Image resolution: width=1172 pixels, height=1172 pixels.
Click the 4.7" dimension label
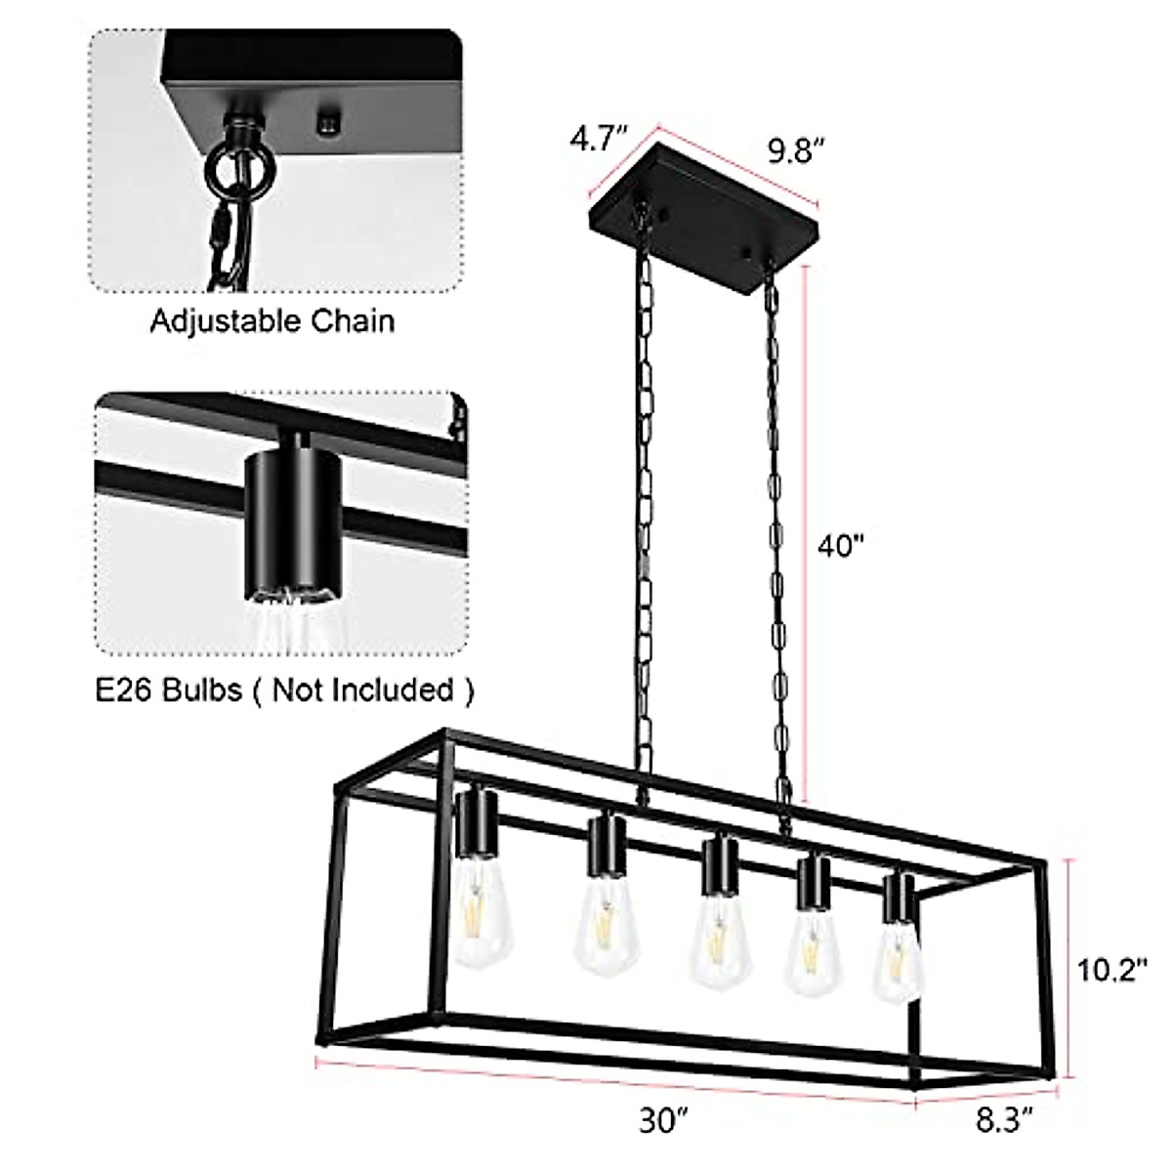pyautogui.click(x=596, y=140)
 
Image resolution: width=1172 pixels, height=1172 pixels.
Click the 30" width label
pyautogui.click(x=664, y=1121)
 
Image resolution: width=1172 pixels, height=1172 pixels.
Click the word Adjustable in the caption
pyautogui.click(x=228, y=320)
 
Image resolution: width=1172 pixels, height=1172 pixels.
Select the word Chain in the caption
pyautogui.click(x=356, y=320)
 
